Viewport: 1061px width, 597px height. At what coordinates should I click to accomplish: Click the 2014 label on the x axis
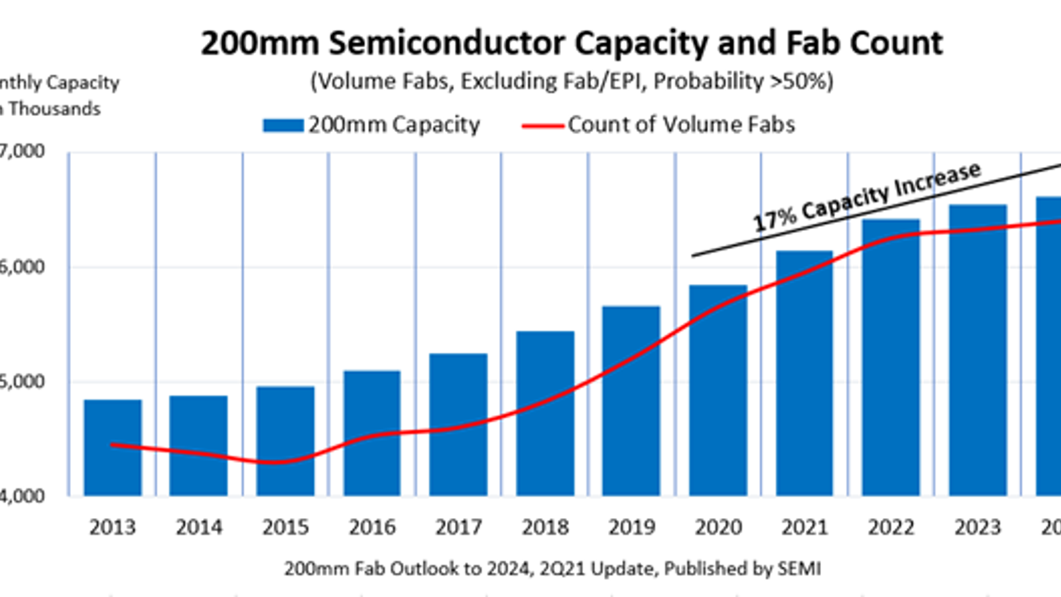pyautogui.click(x=199, y=527)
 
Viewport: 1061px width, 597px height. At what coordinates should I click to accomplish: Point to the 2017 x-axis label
pyautogui.click(x=458, y=527)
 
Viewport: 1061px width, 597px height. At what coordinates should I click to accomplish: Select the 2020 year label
pyautogui.click(x=718, y=527)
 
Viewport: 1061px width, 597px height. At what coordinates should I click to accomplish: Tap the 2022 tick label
pyautogui.click(x=891, y=527)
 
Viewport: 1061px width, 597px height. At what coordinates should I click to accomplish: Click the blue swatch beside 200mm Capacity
pyautogui.click(x=283, y=125)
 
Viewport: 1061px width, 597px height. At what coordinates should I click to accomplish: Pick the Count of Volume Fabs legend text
pyautogui.click(x=681, y=125)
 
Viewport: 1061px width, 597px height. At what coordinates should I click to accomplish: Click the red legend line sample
pyautogui.click(x=542, y=125)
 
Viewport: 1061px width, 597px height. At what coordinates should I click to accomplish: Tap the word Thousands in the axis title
pyautogui.click(x=54, y=109)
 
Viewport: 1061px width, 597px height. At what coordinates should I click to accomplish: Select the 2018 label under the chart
pyautogui.click(x=545, y=527)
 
